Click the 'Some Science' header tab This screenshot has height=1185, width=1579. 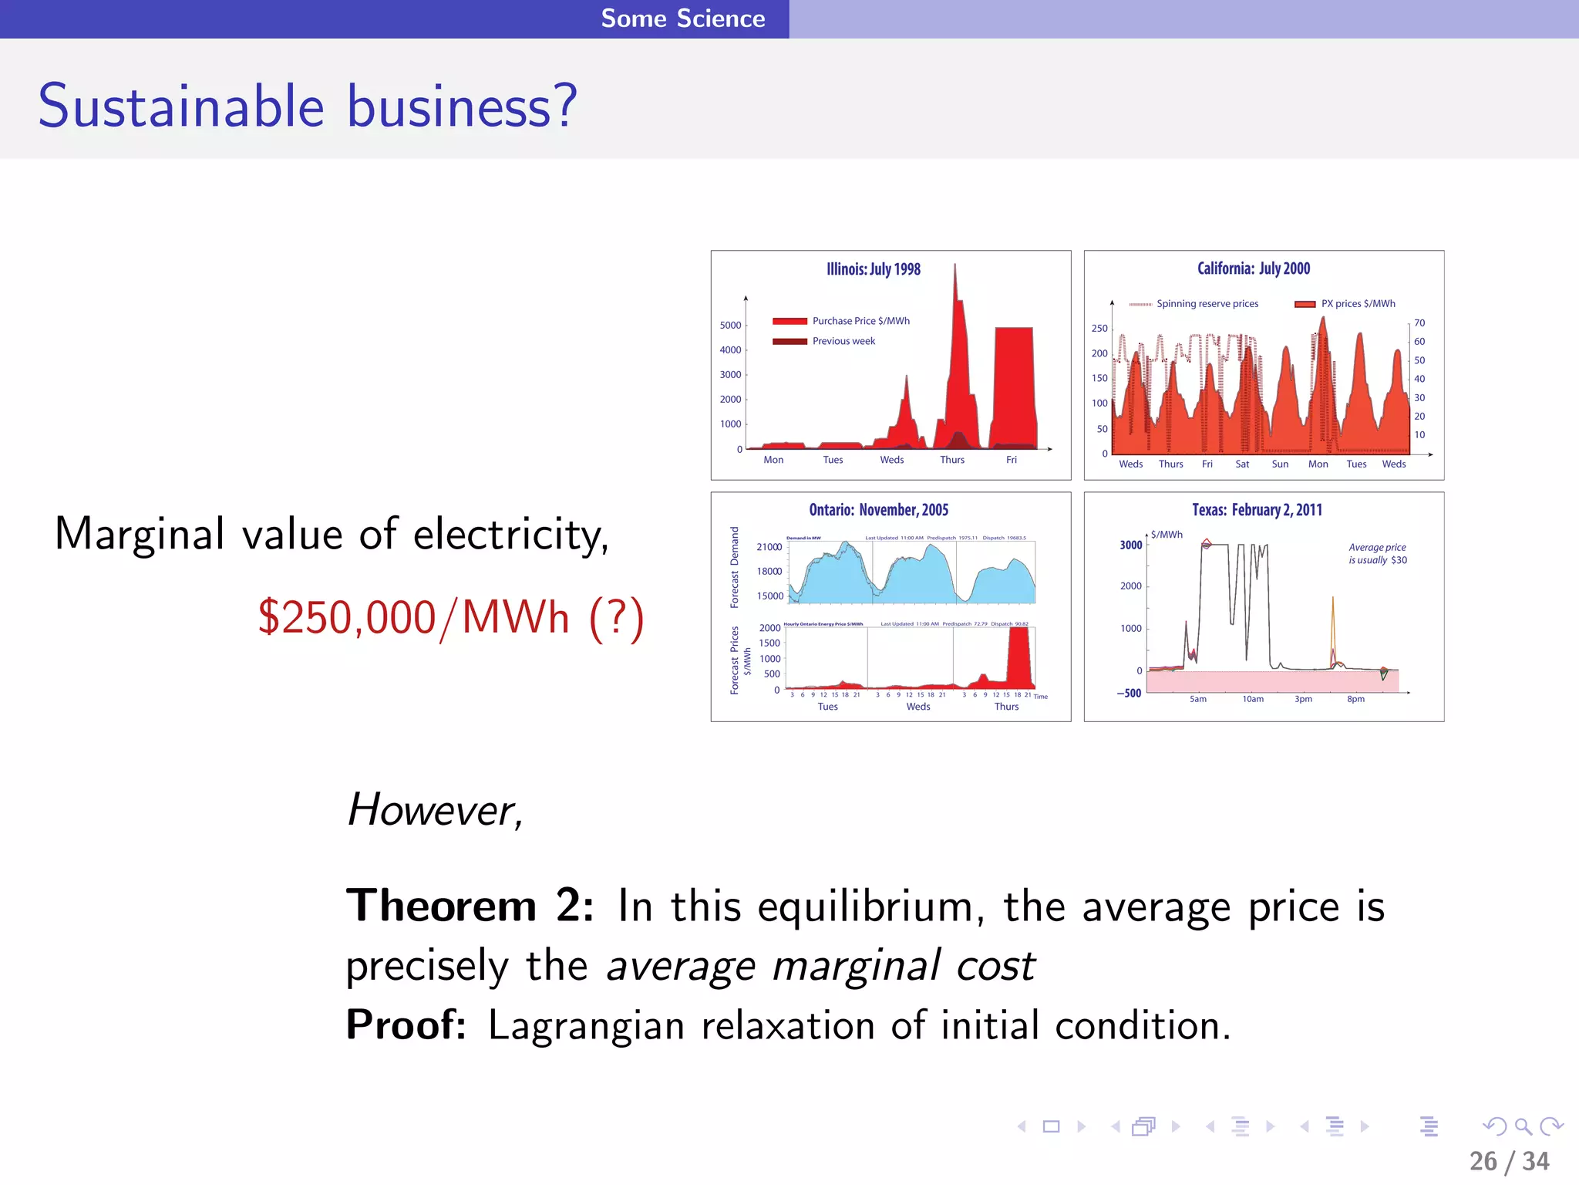coord(683,19)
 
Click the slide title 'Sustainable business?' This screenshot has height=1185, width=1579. coord(308,106)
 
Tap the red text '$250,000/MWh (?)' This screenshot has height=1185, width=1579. coord(450,617)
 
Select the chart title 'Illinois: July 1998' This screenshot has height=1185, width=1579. coord(874,269)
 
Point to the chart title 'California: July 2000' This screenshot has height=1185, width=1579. coord(1254,268)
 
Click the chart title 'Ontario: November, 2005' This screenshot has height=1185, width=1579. coord(878,510)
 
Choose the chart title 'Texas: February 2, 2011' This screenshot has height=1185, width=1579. coord(1257,510)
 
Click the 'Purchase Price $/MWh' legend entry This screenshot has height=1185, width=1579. coord(860,321)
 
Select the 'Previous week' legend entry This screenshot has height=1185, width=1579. coord(843,341)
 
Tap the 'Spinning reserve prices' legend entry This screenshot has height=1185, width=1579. coord(1207,304)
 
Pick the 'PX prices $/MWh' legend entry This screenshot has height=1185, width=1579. coord(1358,304)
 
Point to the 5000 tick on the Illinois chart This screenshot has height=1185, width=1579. coord(730,326)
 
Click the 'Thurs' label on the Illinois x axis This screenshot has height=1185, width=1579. coord(952,460)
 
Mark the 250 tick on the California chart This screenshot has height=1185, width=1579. coord(1099,329)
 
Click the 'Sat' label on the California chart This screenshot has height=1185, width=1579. coord(1242,464)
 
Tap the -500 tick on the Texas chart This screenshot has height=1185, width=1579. coord(1130,693)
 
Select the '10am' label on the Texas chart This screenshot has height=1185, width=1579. coord(1253,699)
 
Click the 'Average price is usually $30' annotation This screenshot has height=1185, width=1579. coord(1378,554)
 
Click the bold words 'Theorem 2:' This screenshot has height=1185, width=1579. coord(470,906)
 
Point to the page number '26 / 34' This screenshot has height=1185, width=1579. coord(1509,1161)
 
